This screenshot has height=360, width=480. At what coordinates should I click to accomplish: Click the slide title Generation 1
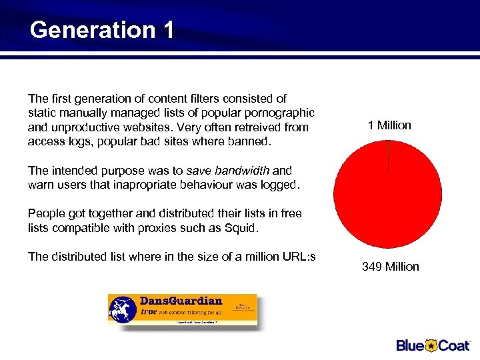(102, 30)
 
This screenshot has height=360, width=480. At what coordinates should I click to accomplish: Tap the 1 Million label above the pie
(389, 125)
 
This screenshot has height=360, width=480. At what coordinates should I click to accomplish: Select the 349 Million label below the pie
(390, 267)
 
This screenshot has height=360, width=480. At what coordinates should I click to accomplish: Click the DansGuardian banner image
(182, 309)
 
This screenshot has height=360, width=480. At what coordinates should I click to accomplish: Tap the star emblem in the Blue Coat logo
(431, 345)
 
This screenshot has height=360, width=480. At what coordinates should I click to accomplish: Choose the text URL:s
(299, 257)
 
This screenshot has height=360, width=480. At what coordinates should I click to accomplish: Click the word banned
(250, 141)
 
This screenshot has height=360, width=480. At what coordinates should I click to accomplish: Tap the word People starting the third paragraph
(46, 213)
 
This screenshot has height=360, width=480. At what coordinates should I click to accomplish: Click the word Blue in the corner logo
(411, 345)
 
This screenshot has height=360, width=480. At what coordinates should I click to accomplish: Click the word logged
(279, 185)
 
